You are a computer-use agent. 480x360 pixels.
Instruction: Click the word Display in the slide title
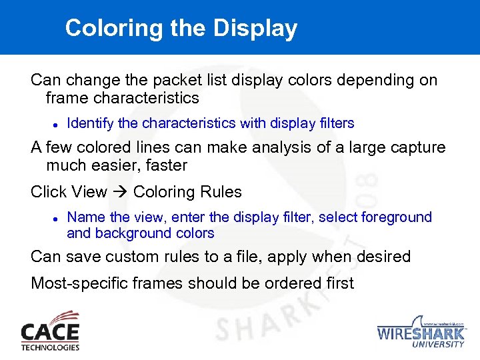coord(256,29)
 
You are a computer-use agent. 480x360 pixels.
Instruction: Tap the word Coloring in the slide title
coord(105,29)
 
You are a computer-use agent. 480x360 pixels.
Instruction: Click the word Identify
coord(91,123)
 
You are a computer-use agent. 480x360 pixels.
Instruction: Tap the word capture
coord(415,147)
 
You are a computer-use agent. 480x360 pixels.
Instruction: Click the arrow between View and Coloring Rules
coord(120,193)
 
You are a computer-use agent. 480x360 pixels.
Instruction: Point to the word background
coord(127,233)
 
